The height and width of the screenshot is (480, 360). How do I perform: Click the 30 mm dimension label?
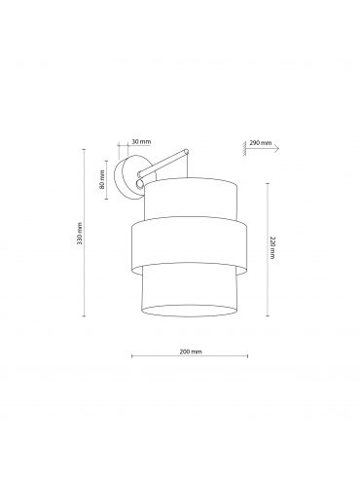(141, 141)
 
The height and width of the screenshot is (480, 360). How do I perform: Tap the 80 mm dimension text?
(102, 179)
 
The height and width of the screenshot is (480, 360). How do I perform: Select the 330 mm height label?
(80, 234)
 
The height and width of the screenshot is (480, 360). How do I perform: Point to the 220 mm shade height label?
(271, 247)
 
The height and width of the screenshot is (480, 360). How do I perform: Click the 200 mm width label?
(191, 351)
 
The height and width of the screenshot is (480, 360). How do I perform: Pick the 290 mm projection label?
(261, 143)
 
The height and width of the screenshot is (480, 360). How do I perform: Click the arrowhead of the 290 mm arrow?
(276, 148)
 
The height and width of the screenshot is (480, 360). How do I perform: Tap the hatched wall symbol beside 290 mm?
(244, 148)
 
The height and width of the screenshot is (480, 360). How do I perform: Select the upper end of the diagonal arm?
(186, 152)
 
